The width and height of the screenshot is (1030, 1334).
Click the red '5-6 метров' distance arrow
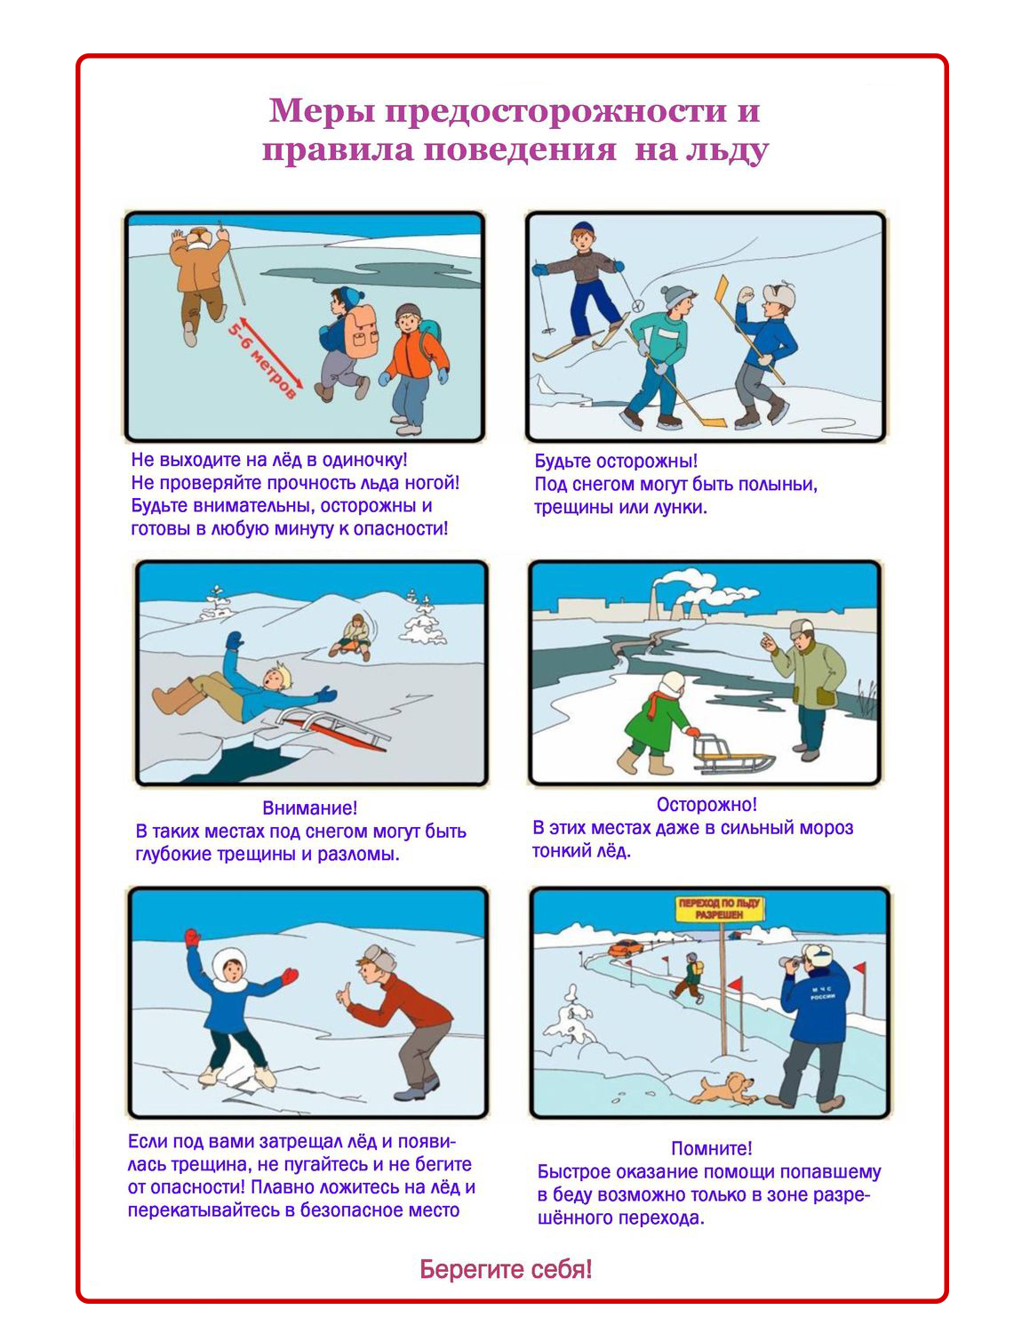coord(270,353)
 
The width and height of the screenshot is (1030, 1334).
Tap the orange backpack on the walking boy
coord(362,332)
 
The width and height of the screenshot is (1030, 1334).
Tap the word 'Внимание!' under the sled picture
coord(310,808)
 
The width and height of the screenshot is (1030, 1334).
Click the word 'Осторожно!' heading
coord(707,804)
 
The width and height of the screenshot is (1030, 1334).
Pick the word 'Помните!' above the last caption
coord(712,1148)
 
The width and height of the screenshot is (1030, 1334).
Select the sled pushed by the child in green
coord(733,754)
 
